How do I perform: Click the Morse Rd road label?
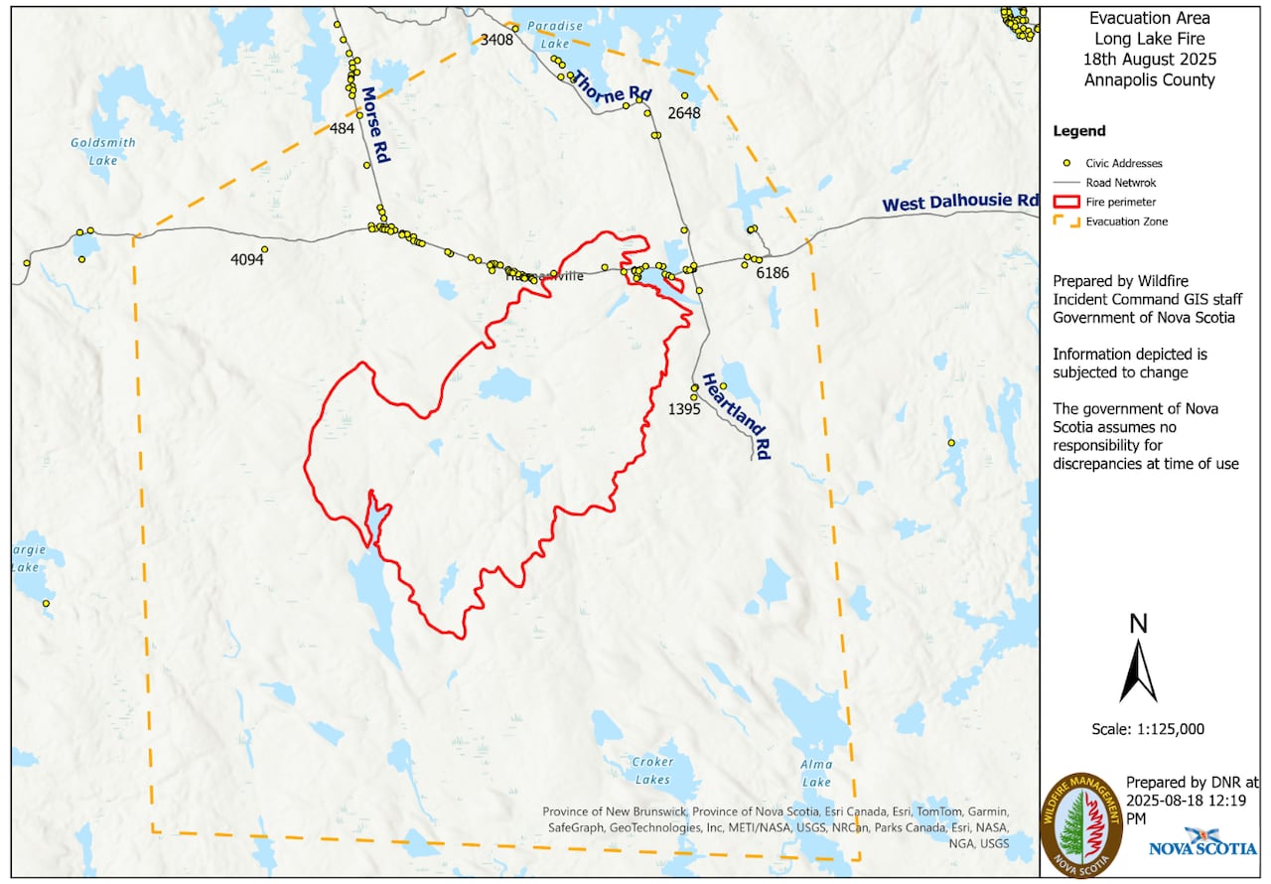click(x=374, y=124)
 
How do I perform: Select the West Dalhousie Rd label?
click(x=960, y=202)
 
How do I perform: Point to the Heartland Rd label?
click(x=737, y=416)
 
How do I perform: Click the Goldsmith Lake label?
click(x=103, y=151)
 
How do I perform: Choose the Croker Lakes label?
click(x=652, y=771)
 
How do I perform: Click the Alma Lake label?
click(x=816, y=773)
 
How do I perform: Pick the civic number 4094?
click(x=247, y=260)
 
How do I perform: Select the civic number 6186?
click(x=772, y=272)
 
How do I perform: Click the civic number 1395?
click(x=684, y=408)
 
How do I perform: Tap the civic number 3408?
click(x=496, y=40)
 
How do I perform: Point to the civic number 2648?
click(x=684, y=113)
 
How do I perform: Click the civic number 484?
click(x=342, y=129)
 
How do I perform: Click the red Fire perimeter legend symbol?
click(x=1065, y=202)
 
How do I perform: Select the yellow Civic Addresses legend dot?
click(x=1065, y=163)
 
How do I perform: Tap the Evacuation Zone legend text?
click(x=1126, y=221)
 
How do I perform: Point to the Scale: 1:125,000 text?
click(x=1147, y=729)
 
